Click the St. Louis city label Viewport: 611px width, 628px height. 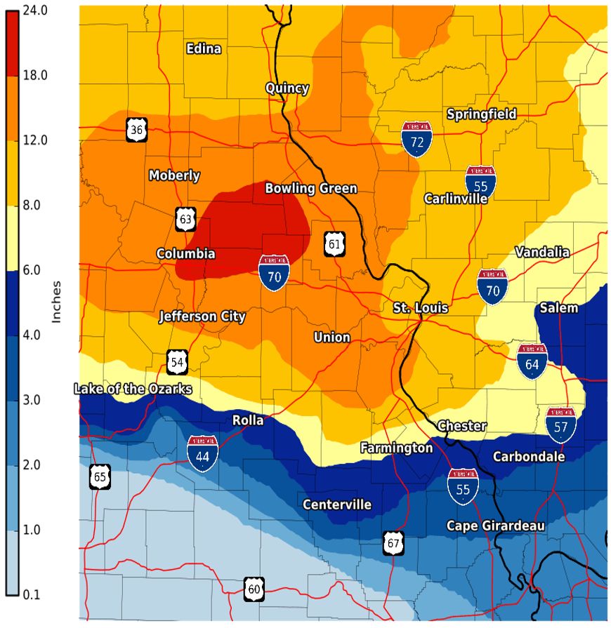tap(420, 308)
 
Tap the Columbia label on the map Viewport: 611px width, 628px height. tap(185, 253)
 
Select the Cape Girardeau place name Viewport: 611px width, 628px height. tap(496, 526)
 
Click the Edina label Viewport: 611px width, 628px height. tap(204, 48)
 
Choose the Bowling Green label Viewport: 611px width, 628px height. tap(310, 188)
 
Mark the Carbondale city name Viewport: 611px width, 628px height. tap(528, 456)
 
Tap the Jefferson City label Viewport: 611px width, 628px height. tap(202, 316)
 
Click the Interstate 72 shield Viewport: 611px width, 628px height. tap(416, 138)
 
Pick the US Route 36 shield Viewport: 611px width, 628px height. tap(137, 129)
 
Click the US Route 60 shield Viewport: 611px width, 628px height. tap(254, 589)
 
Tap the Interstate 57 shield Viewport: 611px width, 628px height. tap(561, 425)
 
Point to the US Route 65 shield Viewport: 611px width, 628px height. tap(100, 477)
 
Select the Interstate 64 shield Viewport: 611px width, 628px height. tap(532, 361)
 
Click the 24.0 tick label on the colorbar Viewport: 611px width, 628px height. tap(33, 10)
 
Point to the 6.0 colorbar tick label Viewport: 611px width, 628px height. tap(33, 270)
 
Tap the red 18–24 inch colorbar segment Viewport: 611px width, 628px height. tap(11, 42)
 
